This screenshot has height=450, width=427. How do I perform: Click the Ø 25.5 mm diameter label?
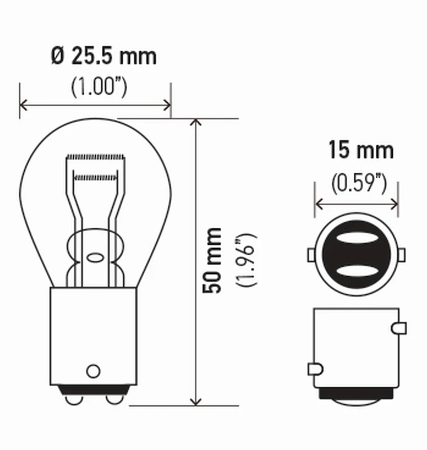pos(104,56)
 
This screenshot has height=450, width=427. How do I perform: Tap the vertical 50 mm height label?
pos(213,260)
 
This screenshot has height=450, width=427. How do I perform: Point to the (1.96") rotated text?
pos(246,260)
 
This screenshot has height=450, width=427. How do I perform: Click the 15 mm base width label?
pos(361,151)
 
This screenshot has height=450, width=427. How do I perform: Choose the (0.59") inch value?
pos(358,183)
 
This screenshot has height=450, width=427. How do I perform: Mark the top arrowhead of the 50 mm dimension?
pos(195,123)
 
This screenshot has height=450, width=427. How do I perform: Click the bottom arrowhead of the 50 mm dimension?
pos(195,400)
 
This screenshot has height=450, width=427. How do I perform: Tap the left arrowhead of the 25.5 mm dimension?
pos(24,105)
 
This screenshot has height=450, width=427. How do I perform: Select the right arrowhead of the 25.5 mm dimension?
pos(166,105)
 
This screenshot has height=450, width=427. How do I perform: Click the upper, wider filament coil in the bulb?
pos(95,156)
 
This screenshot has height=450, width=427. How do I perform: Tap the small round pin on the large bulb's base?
pos(93,371)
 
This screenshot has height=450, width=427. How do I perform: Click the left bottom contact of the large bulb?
pos(71,398)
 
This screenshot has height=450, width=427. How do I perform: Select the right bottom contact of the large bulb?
pos(114,398)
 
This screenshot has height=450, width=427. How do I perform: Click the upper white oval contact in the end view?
pos(357,238)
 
